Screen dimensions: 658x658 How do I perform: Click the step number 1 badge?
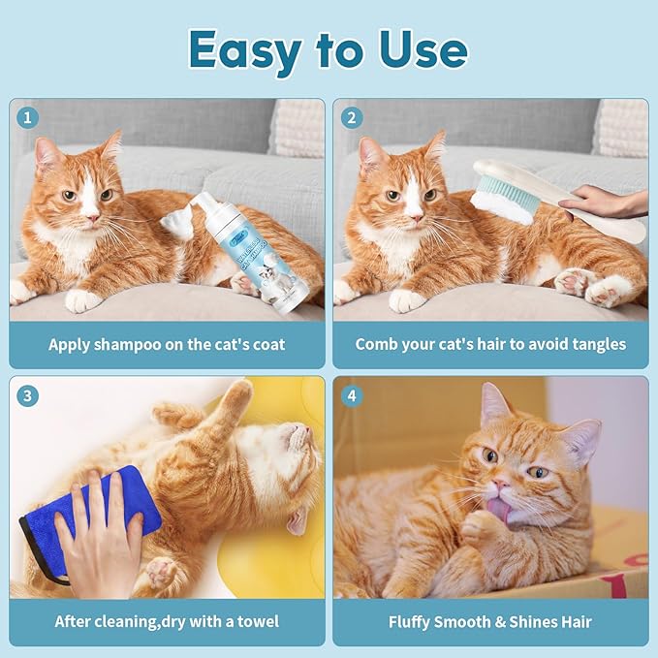tap(29, 117)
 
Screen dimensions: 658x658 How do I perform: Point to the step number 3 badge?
tap(29, 395)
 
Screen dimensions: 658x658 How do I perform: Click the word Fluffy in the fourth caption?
tap(414, 621)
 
